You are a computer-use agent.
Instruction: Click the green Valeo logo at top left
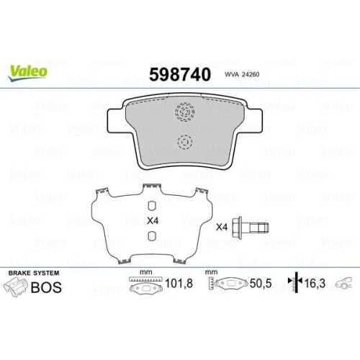pos(29,71)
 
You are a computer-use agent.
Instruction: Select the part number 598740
pos(179,73)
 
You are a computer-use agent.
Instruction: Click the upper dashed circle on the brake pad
pos(185,113)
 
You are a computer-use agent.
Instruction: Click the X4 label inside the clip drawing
pos(152,220)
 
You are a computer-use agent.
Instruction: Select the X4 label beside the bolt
pos(222,227)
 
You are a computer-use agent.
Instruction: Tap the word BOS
pos(46,287)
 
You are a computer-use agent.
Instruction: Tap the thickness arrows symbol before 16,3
pos(293,285)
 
